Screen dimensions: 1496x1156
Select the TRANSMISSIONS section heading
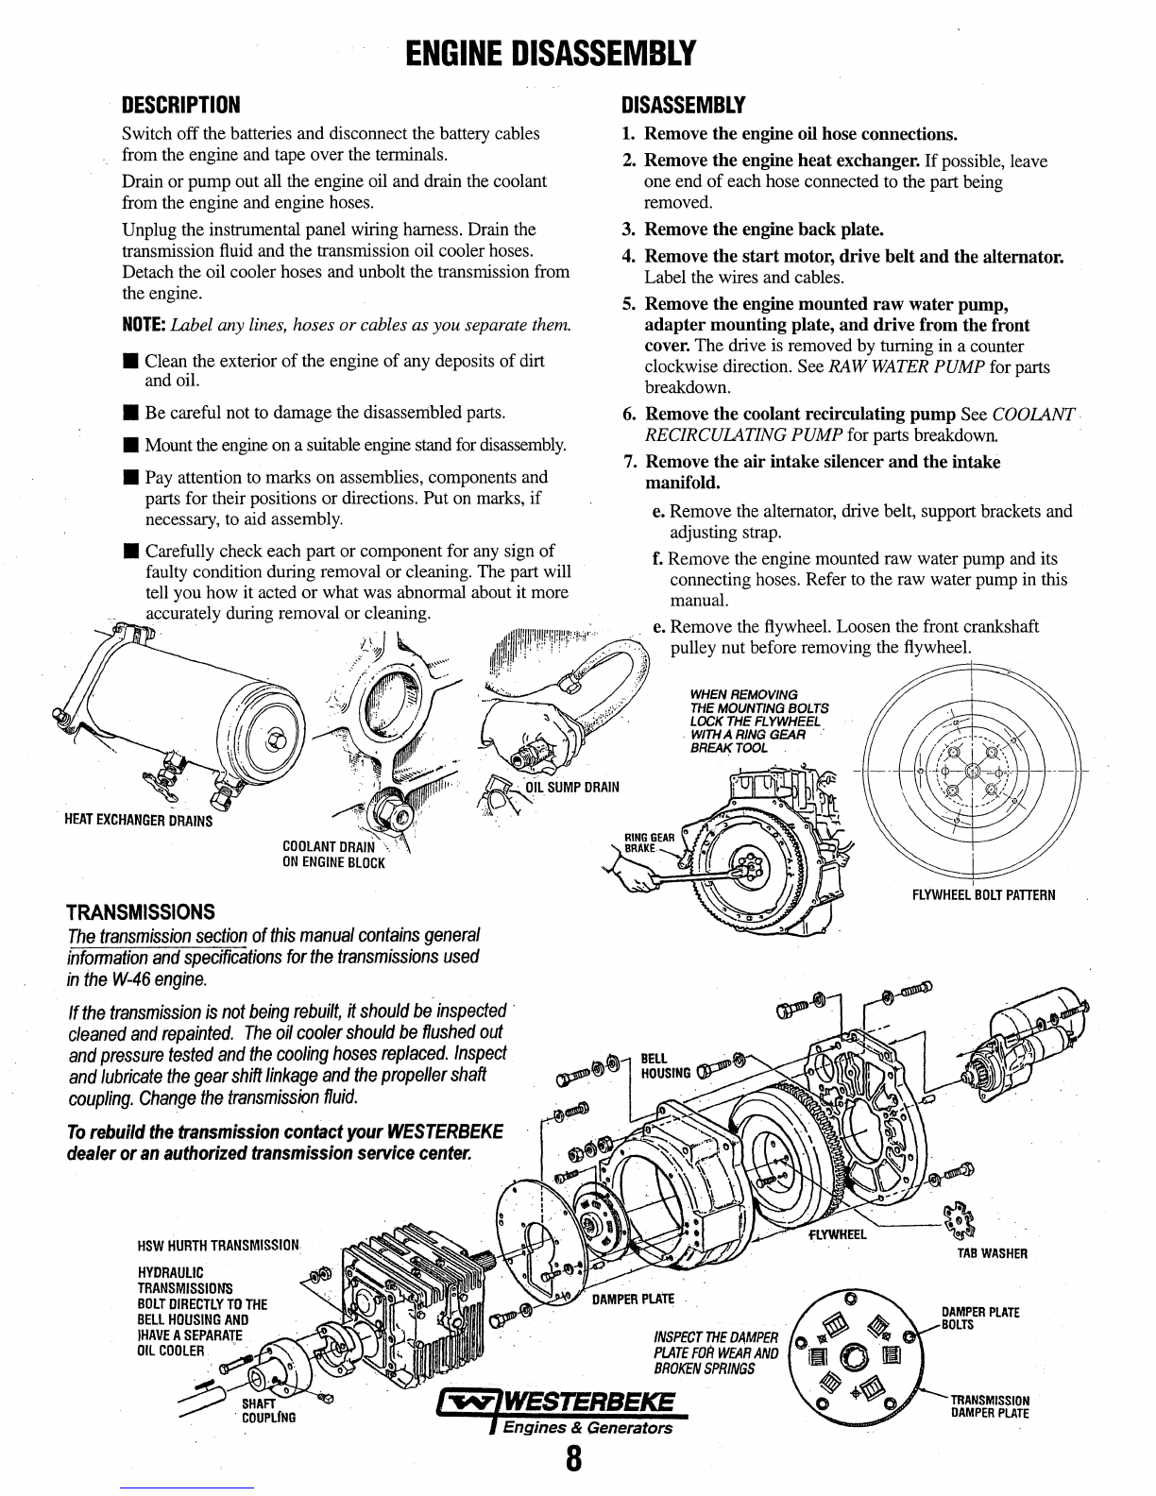point(141,911)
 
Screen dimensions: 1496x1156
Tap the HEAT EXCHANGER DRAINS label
point(138,820)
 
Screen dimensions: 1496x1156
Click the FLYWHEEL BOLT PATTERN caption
point(983,893)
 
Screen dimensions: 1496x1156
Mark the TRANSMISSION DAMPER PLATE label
point(989,1406)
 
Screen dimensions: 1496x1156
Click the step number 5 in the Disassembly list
point(628,304)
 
